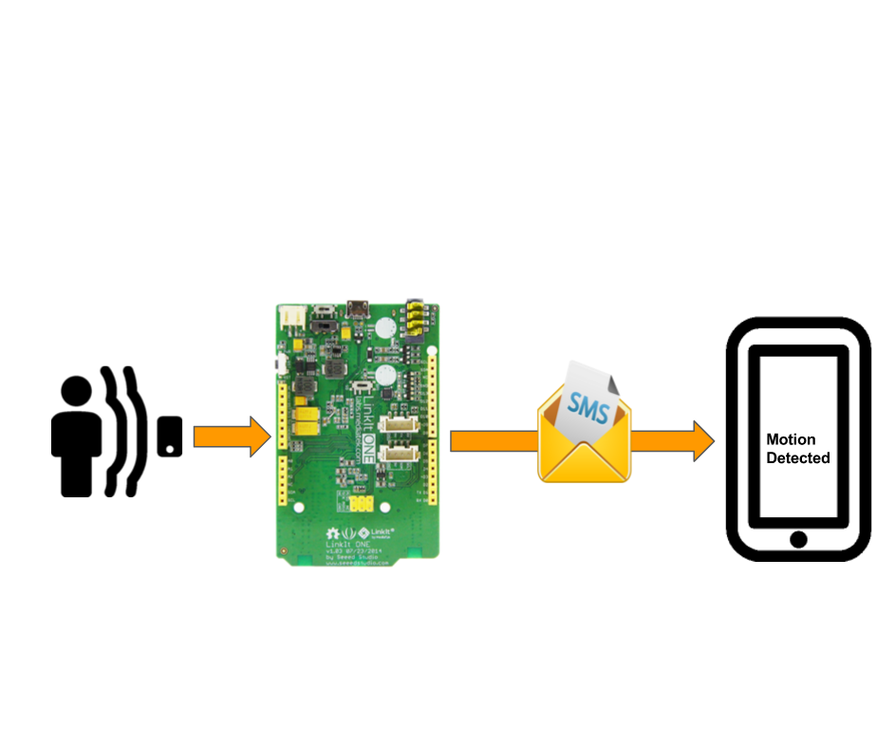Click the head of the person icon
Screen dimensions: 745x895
(77, 391)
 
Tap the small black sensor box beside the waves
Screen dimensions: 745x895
(170, 437)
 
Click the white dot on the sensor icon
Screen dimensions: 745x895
(171, 447)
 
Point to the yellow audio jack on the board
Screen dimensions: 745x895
(415, 321)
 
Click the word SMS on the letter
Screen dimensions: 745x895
(586, 405)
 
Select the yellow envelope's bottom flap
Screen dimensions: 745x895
(583, 463)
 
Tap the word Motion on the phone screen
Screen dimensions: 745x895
(791, 440)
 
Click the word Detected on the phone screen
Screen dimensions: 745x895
(798, 457)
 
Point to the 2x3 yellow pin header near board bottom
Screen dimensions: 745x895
(361, 504)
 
